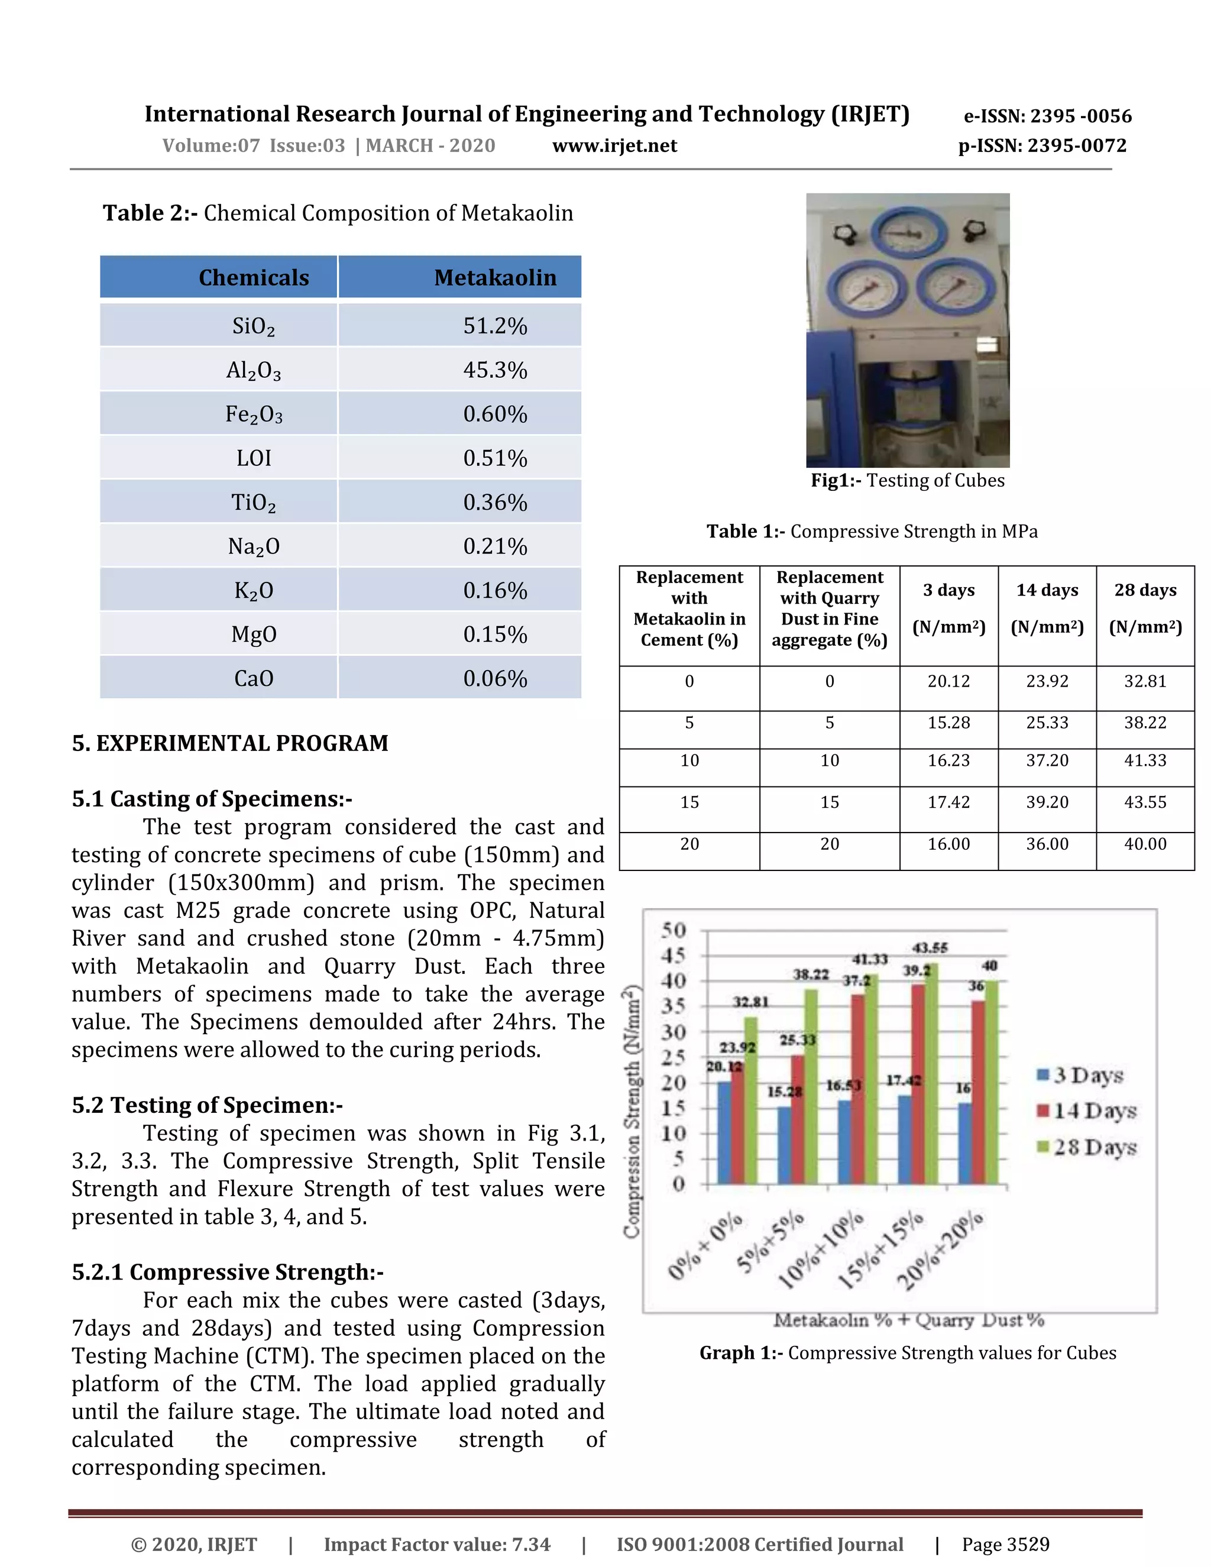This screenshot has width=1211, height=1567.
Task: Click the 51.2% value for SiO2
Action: click(x=495, y=326)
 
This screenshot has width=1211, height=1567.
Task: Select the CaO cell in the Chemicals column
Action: click(x=253, y=678)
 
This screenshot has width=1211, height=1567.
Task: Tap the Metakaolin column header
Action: click(x=495, y=278)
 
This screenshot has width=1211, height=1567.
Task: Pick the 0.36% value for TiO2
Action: click(x=495, y=502)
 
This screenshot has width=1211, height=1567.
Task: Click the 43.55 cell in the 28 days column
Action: click(x=1145, y=802)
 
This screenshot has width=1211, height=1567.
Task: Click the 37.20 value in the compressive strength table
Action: click(x=1047, y=760)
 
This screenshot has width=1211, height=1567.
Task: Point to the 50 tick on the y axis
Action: click(x=674, y=930)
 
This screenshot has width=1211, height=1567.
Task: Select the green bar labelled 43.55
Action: click(x=931, y=1076)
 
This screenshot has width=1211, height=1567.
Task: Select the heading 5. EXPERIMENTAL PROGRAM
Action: click(x=229, y=743)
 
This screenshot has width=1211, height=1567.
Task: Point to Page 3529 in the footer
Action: click(x=1005, y=1544)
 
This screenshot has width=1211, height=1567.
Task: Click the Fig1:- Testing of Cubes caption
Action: click(x=908, y=480)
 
